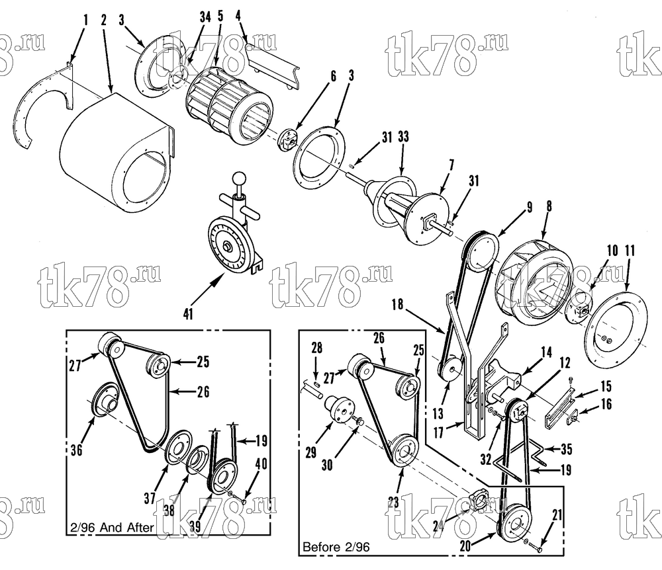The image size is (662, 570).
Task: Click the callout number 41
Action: pos(188,313)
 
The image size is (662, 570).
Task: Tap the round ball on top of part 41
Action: pos(240,178)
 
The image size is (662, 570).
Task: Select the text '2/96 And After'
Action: pos(111,528)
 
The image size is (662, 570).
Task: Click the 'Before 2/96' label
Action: pos(336,548)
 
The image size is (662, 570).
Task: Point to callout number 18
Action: pos(397,304)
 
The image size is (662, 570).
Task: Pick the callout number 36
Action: pos(76,450)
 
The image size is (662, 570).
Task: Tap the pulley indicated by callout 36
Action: pos(105,401)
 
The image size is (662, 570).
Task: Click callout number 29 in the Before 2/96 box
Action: pos(310,452)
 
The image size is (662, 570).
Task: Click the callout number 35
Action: pos(566,449)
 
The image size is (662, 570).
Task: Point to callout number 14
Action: pos(546,352)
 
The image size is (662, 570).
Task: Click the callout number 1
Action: pos(85,20)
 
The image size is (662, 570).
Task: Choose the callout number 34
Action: pos(205,17)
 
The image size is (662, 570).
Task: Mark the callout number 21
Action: pos(557,514)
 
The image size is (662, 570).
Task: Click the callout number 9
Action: pos(528,207)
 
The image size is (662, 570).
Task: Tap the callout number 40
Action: pos(261,464)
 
